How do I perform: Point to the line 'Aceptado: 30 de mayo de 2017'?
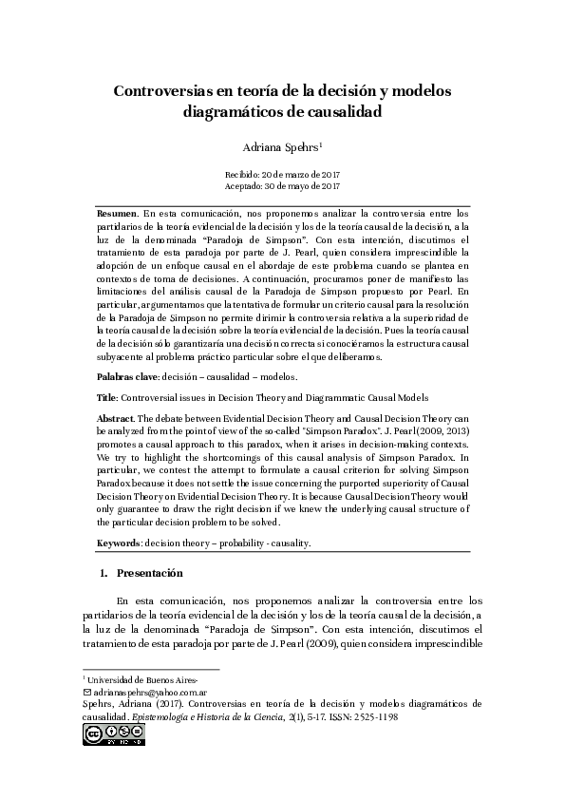(x=282, y=187)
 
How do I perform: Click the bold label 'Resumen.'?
(x=118, y=216)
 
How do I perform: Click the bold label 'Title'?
(x=107, y=397)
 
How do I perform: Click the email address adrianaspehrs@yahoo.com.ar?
(x=138, y=693)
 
